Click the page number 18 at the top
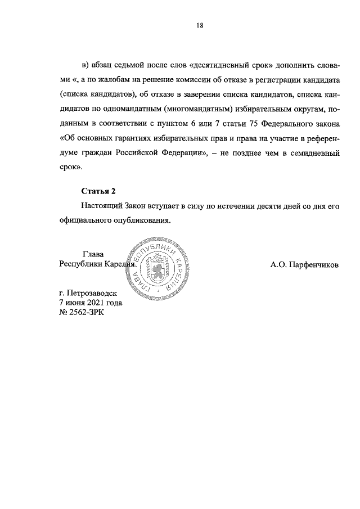click(200, 25)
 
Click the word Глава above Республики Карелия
click(93, 254)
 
